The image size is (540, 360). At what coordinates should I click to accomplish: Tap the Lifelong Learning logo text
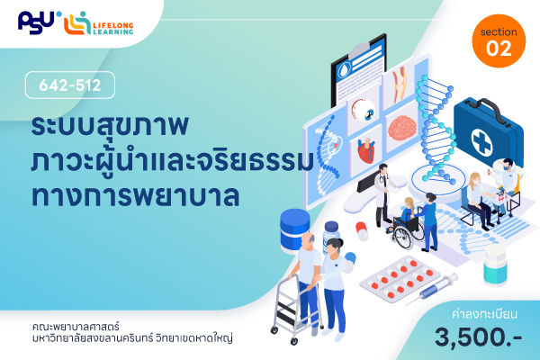click(113, 28)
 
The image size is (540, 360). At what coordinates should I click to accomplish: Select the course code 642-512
click(70, 85)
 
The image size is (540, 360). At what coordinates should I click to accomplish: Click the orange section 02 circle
click(499, 41)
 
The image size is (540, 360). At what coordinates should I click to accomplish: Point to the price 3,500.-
click(479, 337)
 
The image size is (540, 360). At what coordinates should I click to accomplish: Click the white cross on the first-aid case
click(481, 141)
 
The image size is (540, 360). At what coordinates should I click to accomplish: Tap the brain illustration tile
click(402, 128)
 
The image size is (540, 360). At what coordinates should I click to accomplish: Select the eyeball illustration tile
click(364, 110)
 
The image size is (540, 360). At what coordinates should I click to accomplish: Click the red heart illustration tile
click(365, 151)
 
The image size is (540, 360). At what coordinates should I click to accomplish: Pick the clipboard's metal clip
click(360, 50)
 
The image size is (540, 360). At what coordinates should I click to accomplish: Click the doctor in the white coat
click(383, 194)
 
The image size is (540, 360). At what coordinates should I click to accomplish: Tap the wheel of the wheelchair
click(403, 238)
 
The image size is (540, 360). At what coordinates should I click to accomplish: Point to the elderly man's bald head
click(308, 239)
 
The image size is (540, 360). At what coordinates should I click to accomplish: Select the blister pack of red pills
click(400, 278)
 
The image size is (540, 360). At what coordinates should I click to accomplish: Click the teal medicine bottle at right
click(495, 265)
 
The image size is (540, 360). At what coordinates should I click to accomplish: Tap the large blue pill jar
click(294, 230)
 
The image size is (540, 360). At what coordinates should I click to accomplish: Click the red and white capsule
click(362, 230)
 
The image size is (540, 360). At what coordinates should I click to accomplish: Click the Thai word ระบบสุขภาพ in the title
click(110, 125)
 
